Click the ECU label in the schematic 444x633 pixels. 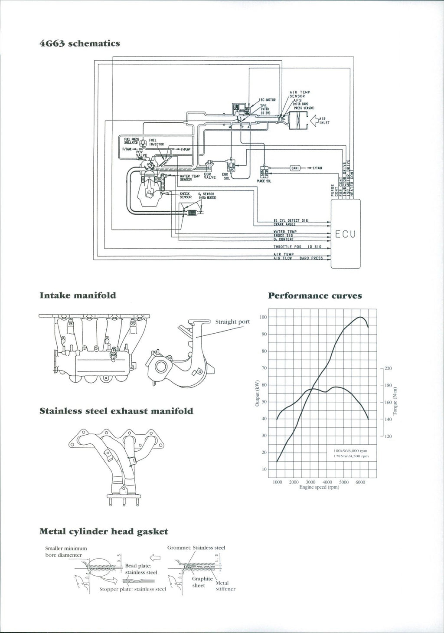[x=345, y=235]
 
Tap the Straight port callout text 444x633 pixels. [x=232, y=321]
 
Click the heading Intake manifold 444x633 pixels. [x=78, y=295]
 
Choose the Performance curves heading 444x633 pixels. [x=315, y=296]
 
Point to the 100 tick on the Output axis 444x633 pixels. [x=263, y=317]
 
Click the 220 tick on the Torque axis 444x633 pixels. [x=388, y=368]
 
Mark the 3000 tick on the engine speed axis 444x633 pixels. [x=310, y=482]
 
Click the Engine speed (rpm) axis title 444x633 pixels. [x=319, y=487]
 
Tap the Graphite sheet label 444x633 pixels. [x=202, y=582]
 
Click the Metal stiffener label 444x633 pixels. [x=225, y=586]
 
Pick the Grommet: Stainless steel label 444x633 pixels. [x=196, y=548]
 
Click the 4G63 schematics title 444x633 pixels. [x=80, y=43]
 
